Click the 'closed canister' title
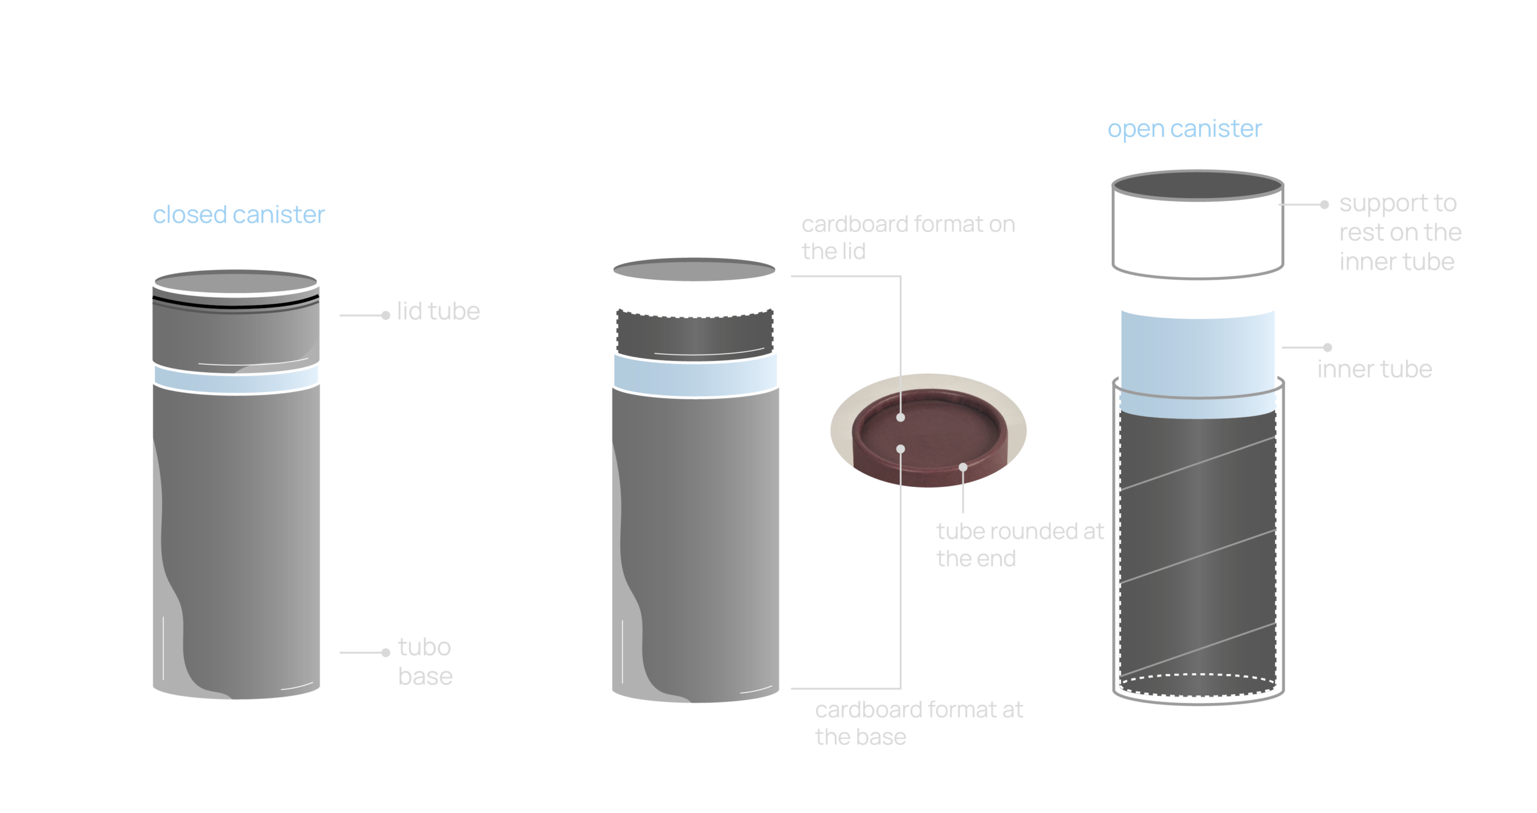[x=238, y=214]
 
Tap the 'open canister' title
[x=1185, y=128]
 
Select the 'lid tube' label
[x=438, y=311]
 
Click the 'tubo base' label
[x=425, y=661]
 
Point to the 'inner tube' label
[x=1375, y=369]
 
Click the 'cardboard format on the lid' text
[x=908, y=237]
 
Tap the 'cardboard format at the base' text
[x=919, y=723]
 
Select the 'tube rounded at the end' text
[x=1020, y=545]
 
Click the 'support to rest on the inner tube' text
[x=1400, y=232]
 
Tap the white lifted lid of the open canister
[x=1198, y=225]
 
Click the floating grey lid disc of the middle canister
[x=694, y=270]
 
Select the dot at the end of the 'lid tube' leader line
[x=385, y=315]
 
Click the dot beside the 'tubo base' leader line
[x=385, y=653]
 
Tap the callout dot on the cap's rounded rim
[x=963, y=467]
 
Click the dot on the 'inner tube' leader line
[x=1327, y=347]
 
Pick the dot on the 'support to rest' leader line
[x=1324, y=205]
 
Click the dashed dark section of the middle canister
[x=695, y=334]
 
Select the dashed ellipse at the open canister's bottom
[x=1198, y=685]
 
